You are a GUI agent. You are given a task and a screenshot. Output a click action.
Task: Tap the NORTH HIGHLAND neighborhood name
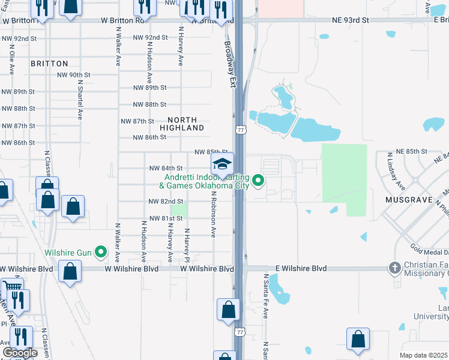[182, 124]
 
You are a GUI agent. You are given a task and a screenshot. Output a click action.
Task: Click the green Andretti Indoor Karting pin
[259, 180]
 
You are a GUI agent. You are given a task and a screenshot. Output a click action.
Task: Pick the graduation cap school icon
[222, 165]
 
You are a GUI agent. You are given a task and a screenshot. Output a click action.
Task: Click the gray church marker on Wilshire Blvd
[395, 269]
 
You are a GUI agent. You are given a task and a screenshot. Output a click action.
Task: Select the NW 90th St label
[73, 75]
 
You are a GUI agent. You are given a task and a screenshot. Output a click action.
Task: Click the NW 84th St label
[165, 169]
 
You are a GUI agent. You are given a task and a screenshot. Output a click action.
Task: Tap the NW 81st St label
[165, 218]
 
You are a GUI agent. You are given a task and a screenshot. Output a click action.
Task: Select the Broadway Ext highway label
[230, 64]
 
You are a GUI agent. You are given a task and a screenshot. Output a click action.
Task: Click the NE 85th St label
[411, 152]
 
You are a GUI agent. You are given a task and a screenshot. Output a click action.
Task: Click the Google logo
[20, 353]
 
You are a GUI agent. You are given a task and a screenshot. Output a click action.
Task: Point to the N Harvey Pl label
[187, 245]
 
